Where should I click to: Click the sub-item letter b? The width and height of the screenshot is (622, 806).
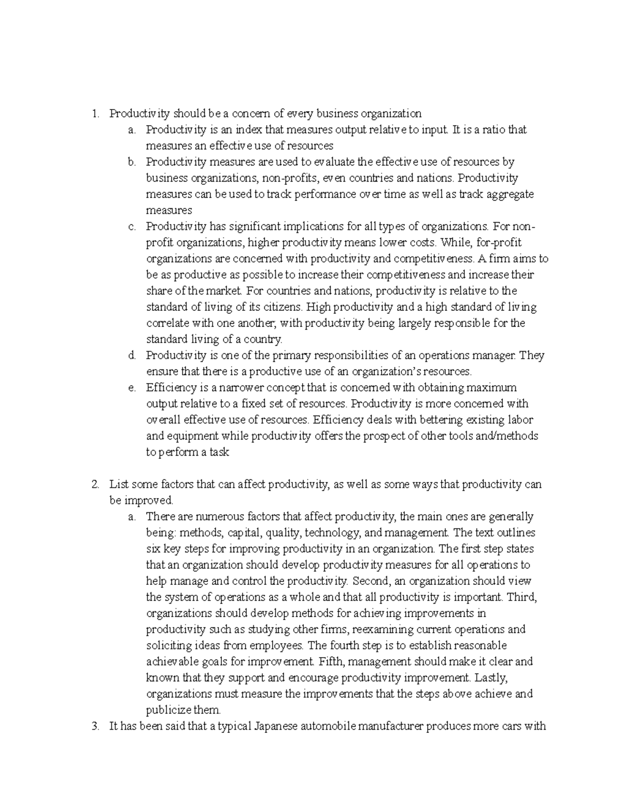pos(132,162)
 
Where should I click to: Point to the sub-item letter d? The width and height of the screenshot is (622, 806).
pos(132,356)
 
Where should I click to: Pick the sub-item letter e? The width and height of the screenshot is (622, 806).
pos(132,388)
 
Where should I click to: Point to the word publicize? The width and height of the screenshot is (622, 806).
pos(166,711)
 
